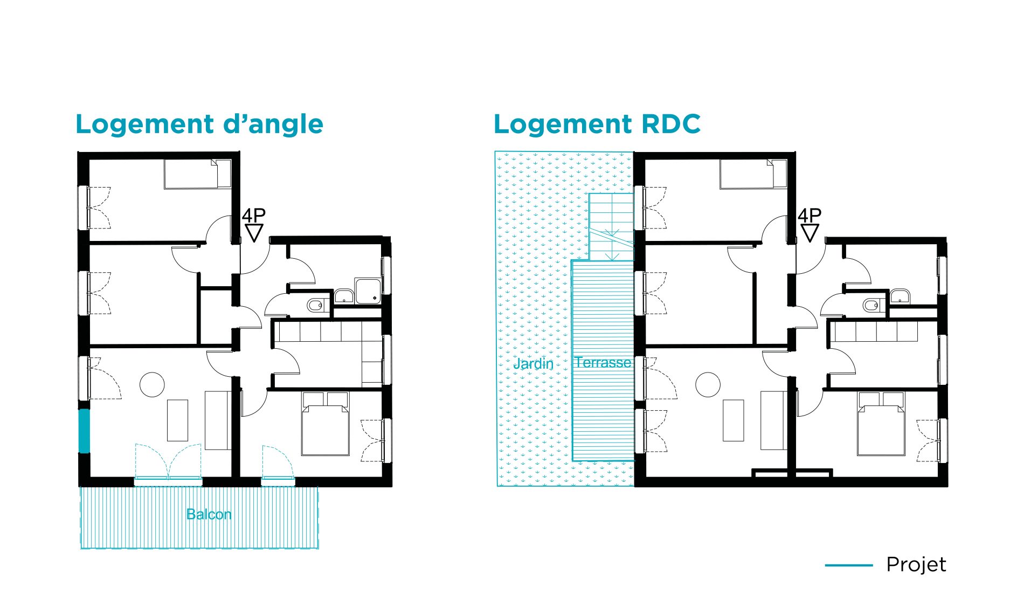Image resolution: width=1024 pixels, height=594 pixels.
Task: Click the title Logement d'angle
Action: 199,125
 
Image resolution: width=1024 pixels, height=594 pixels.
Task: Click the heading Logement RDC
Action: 597,124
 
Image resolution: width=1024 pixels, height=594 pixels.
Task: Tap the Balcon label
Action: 209,514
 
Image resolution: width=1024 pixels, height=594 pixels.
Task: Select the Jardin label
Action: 533,363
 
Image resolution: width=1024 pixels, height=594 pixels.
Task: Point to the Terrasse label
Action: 603,362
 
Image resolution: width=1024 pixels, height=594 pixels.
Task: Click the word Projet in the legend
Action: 916,565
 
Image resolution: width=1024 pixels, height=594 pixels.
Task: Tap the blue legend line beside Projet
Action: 849,565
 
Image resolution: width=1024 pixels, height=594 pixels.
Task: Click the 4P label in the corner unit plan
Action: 253,216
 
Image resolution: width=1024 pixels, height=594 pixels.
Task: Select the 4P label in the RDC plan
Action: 809,216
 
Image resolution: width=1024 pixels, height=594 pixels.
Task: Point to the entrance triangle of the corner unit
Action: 254,233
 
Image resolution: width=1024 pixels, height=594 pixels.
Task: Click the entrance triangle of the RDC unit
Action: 810,233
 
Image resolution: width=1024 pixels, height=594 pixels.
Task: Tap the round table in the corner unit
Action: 152,385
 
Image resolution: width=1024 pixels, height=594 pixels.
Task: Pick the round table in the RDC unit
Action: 708,385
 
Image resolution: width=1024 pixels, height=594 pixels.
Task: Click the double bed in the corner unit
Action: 325,424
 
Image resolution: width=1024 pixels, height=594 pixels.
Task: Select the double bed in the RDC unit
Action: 881,424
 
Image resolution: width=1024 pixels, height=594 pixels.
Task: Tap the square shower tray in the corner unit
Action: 368,291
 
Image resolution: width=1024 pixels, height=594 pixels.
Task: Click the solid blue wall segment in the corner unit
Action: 84,431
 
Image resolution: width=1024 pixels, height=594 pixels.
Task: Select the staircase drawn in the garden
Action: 611,227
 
